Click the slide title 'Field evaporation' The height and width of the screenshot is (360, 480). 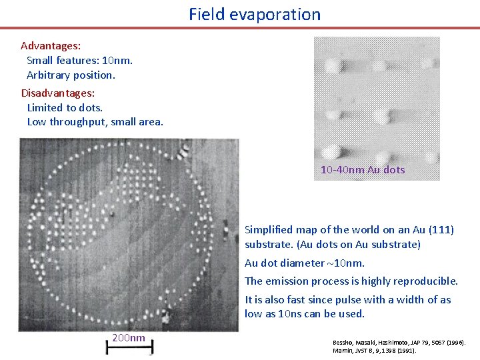point(254,14)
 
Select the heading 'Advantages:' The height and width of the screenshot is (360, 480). point(51,46)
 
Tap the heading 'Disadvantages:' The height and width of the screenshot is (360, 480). point(57,93)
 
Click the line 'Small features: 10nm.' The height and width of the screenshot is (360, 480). point(79,61)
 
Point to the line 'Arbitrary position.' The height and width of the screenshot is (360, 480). point(71,75)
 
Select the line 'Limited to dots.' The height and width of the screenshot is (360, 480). point(65,107)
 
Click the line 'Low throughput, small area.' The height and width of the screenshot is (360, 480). point(95,122)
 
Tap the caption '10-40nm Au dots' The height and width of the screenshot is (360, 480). point(363,170)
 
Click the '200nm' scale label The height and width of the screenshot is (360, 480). point(128,338)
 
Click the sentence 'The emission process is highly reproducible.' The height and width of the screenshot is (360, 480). point(351,281)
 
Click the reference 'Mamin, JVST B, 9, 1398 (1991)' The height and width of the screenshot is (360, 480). point(374,351)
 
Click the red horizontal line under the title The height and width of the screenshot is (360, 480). point(240,28)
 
